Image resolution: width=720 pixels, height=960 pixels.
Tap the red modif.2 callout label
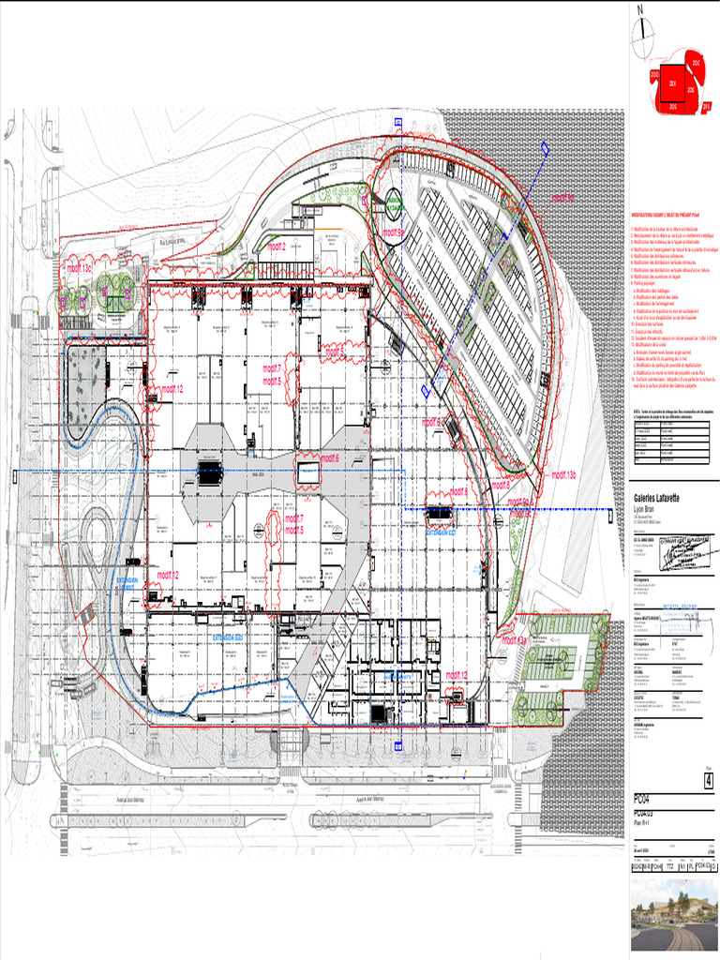[276, 247]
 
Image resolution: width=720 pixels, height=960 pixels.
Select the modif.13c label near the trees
[79, 267]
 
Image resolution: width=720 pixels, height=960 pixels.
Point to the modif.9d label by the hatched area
[562, 198]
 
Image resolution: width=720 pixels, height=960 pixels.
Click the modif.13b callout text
[563, 475]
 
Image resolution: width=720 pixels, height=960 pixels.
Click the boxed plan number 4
[709, 780]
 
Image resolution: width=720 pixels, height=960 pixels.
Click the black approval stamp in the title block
[688, 554]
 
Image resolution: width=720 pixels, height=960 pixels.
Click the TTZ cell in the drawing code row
[672, 868]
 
